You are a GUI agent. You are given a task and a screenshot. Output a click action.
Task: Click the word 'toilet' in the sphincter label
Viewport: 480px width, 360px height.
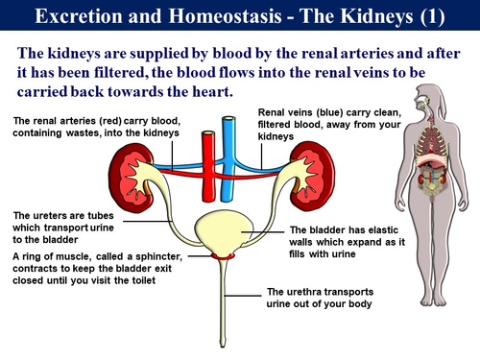tap(175, 283)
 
